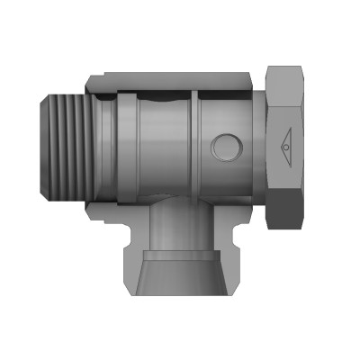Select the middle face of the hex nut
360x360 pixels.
pos(288,144)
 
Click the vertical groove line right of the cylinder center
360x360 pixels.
pos(194,144)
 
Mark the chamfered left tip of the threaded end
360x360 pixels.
pos(45,144)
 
